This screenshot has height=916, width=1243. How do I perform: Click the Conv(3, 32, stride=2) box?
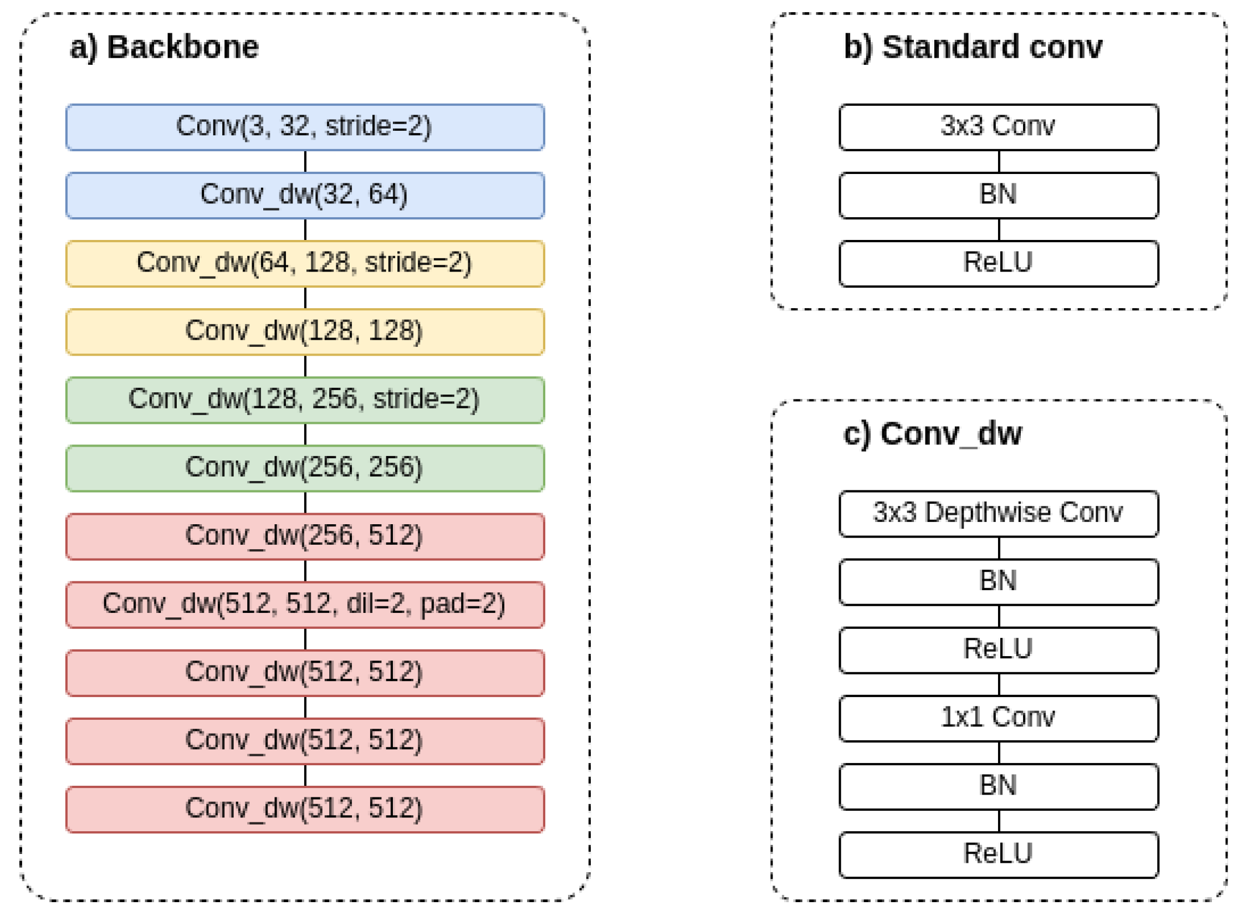click(304, 127)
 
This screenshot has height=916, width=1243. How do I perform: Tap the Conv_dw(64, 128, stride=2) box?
click(304, 263)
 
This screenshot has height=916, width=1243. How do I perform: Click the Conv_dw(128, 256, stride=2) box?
click(304, 400)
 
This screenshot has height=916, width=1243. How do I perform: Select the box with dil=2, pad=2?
click(304, 605)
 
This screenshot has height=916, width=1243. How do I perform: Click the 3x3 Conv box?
click(998, 127)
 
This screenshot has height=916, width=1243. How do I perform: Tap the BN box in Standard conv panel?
click(998, 195)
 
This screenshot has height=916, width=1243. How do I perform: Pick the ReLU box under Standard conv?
click(998, 263)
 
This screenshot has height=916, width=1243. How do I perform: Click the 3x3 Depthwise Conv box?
click(998, 514)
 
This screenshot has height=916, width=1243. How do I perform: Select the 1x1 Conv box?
click(998, 718)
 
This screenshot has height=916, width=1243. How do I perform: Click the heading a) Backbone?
click(164, 47)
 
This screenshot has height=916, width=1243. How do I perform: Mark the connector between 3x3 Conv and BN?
click(999, 161)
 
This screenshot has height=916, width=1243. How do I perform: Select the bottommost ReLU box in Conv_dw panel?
click(998, 854)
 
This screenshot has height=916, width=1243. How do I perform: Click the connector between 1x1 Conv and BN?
click(999, 753)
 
